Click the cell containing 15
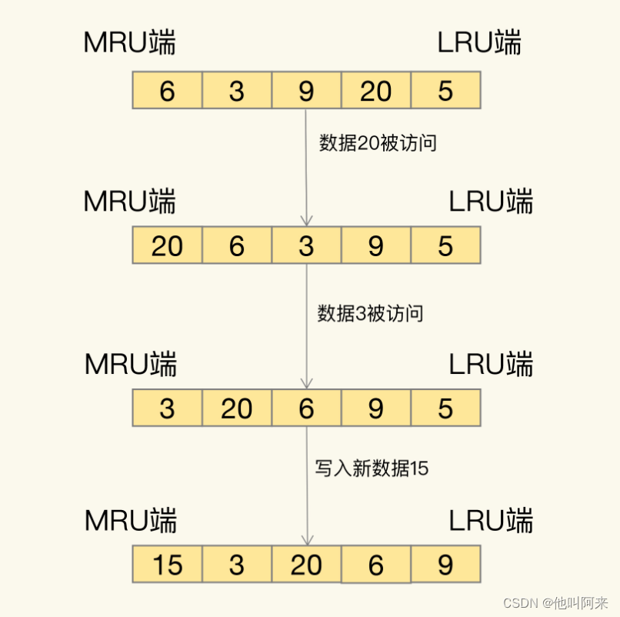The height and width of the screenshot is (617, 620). point(167,565)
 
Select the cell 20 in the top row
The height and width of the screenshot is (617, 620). point(375,91)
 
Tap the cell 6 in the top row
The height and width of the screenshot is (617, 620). point(167,91)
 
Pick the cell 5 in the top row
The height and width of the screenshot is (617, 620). point(445,91)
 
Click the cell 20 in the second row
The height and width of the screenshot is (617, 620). point(167,245)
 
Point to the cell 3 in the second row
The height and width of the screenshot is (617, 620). point(306,245)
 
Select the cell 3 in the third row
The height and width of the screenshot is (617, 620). point(167,408)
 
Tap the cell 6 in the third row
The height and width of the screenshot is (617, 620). point(306,408)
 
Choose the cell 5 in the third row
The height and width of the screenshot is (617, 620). point(445,408)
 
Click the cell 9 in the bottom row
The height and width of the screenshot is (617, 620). point(445,565)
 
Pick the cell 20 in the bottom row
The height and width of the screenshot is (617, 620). point(306,565)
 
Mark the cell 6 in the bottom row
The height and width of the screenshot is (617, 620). point(375,565)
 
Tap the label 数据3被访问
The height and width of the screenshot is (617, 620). point(371,313)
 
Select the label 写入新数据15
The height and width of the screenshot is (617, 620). point(372,468)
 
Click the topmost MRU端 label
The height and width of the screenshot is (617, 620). point(129,43)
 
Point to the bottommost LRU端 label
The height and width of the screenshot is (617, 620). point(491,522)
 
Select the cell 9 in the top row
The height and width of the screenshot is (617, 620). point(306,91)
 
